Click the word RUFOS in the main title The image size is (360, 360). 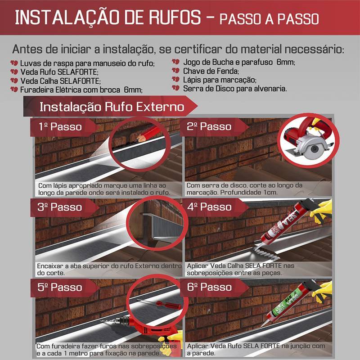(175, 17)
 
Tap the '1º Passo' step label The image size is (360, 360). (60, 126)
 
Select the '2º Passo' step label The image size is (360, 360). (209, 126)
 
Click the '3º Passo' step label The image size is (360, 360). (60, 207)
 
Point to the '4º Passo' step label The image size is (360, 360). (209, 207)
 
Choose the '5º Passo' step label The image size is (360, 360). (60, 287)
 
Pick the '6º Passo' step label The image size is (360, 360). (209, 287)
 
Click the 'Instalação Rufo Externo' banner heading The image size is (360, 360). (112, 107)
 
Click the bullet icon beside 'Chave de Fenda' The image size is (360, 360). (175, 71)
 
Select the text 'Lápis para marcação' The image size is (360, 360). (220, 80)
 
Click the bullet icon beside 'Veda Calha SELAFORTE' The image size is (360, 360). (14, 81)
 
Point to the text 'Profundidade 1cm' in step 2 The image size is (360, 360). (249, 193)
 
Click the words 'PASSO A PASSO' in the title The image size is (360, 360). (269, 19)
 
